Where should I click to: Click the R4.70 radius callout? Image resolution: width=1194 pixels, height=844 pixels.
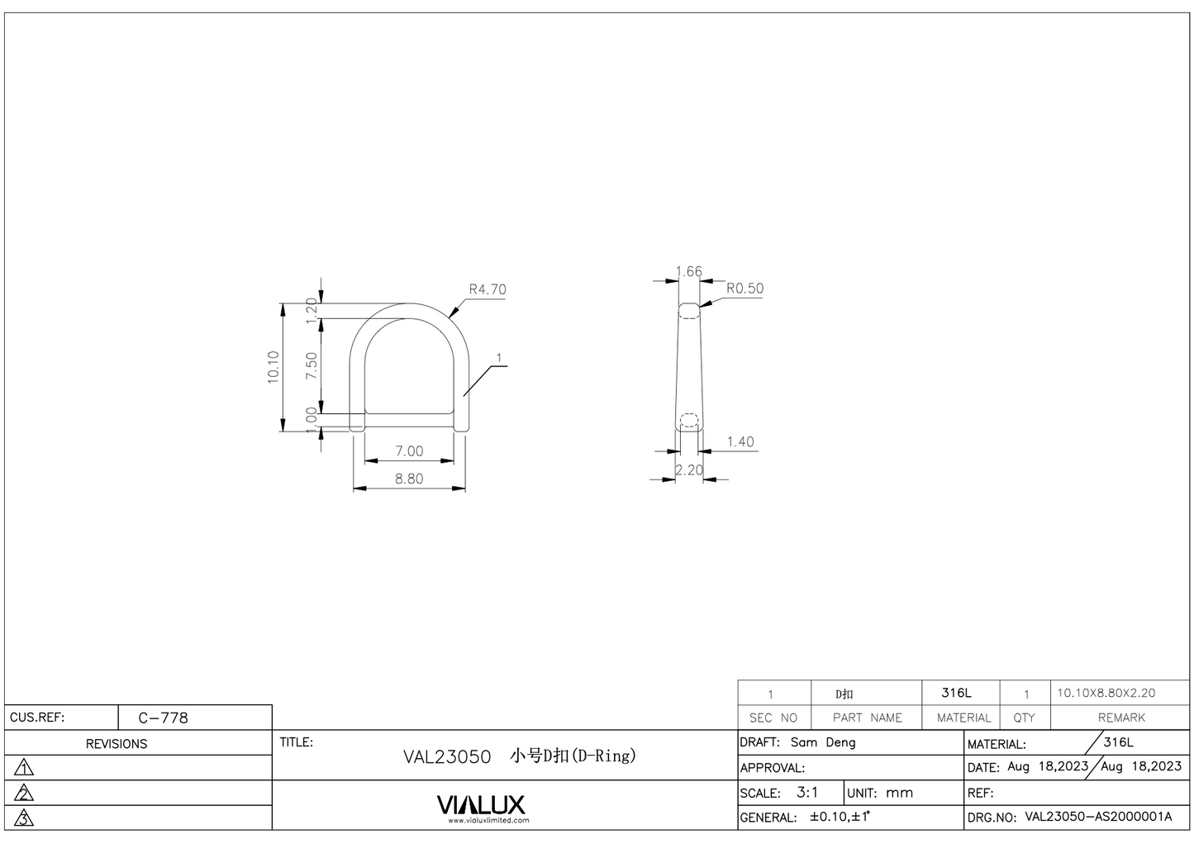click(487, 290)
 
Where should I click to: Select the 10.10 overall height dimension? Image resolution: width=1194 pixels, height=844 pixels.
click(274, 366)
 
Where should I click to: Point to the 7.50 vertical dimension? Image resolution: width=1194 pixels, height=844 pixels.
click(312, 365)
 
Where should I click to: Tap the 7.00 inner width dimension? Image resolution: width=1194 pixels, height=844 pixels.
click(408, 451)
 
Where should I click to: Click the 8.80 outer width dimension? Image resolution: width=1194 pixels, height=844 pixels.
click(408, 479)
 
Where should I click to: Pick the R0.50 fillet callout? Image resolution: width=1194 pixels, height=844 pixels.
click(744, 288)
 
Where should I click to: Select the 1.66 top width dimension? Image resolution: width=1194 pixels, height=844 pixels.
click(688, 272)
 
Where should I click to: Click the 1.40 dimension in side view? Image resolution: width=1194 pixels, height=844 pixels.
click(740, 442)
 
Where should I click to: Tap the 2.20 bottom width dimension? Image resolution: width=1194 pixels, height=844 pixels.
click(688, 470)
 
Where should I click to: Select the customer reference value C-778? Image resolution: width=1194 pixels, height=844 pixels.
click(163, 718)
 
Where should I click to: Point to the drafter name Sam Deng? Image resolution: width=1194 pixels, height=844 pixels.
click(823, 742)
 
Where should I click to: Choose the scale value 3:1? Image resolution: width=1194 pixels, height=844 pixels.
click(807, 793)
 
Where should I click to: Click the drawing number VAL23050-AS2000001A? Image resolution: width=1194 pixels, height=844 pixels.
click(1098, 818)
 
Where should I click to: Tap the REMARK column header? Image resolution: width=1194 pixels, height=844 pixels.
click(1121, 718)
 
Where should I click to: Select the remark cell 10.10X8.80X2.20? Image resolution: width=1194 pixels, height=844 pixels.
click(1106, 694)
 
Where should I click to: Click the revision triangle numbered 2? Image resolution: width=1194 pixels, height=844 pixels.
click(25, 794)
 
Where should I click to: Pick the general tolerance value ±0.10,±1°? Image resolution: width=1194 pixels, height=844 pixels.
click(839, 818)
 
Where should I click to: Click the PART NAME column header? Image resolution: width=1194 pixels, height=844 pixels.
click(867, 718)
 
